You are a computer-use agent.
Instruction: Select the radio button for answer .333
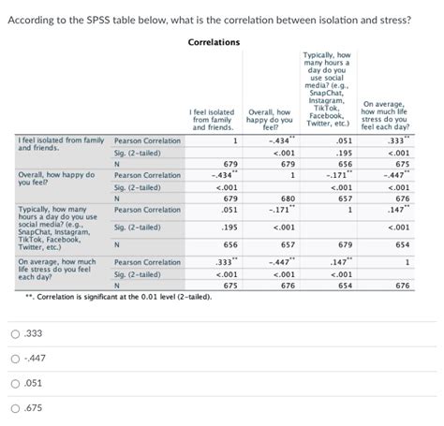16,333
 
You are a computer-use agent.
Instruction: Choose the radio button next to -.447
16,357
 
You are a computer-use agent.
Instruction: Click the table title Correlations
214,42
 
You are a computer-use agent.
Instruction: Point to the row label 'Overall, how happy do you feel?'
56,179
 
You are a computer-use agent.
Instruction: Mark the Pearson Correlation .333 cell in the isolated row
397,141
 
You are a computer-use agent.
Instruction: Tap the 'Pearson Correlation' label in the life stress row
147,262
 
